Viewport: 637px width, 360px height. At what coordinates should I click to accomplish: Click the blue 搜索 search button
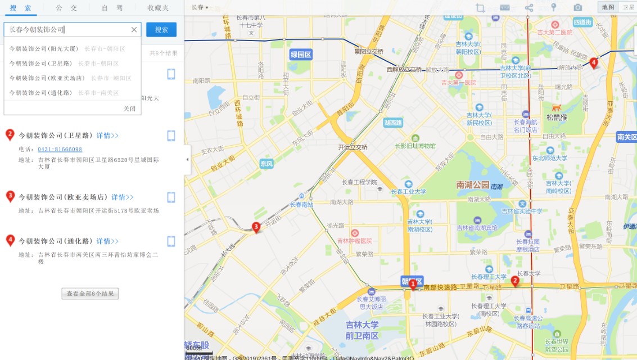tap(161, 30)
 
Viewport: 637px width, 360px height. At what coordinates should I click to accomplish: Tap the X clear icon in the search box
tap(134, 30)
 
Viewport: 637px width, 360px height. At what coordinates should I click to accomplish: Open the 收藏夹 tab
tap(158, 8)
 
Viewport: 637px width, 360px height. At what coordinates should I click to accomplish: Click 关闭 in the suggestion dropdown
tap(129, 109)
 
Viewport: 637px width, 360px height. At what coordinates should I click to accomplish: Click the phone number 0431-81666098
tap(60, 149)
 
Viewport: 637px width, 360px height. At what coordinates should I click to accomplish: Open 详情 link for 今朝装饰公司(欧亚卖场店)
tap(122, 197)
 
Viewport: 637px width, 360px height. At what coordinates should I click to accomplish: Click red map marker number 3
tap(256, 227)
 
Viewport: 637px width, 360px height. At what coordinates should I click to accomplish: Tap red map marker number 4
tap(594, 62)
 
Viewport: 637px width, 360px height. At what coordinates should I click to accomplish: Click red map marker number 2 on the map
tap(514, 280)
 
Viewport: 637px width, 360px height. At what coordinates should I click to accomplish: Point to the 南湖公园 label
tap(473, 184)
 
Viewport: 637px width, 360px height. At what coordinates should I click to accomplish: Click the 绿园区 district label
tap(301, 55)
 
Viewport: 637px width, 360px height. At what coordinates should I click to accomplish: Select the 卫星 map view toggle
tap(627, 7)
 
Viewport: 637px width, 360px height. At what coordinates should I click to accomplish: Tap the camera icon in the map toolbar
tap(577, 7)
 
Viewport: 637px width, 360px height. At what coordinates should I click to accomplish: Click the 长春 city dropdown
tap(200, 7)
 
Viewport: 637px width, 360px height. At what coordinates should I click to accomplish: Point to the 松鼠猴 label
tap(557, 118)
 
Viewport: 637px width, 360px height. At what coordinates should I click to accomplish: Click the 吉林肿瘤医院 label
tap(355, 241)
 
